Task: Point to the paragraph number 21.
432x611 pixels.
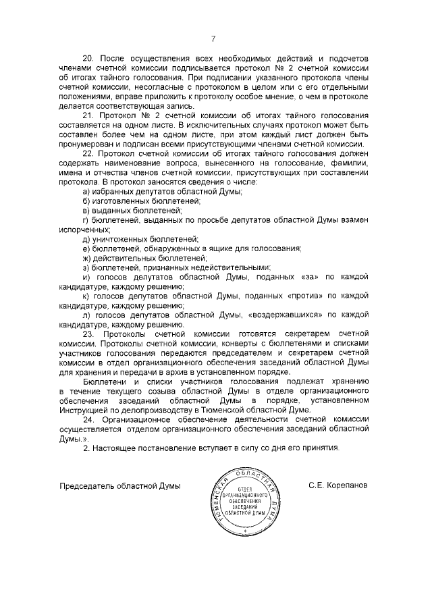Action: tap(87, 115)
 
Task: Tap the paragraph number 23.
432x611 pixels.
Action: tap(88, 334)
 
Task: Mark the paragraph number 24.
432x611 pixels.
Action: tap(88, 419)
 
